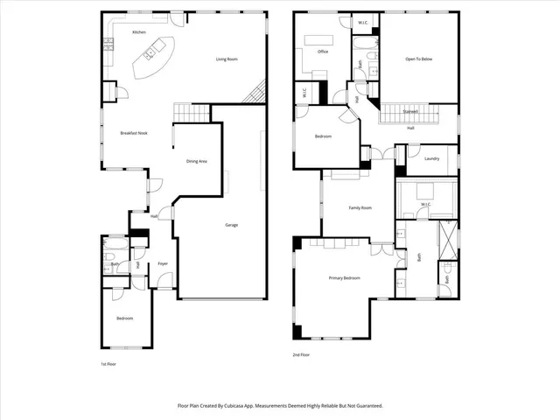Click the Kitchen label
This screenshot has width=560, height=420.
(x=138, y=32)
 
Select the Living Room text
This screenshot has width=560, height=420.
(x=227, y=59)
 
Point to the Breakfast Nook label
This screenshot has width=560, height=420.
(x=134, y=133)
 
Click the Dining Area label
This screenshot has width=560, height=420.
(x=196, y=161)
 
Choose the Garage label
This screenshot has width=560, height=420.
(x=232, y=225)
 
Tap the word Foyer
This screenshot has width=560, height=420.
(x=163, y=263)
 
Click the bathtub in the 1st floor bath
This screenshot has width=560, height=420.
(x=115, y=248)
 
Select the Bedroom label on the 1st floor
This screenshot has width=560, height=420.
(x=124, y=318)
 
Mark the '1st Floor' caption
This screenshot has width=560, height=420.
(x=108, y=364)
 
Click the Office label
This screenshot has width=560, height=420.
(x=323, y=52)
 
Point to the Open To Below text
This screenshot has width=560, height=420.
(x=418, y=59)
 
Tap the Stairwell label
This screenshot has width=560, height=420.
(x=409, y=112)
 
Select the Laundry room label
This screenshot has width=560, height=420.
(x=431, y=158)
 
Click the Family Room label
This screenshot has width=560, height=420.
(x=360, y=207)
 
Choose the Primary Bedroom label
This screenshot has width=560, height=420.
(x=344, y=277)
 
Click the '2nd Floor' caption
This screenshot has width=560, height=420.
(x=302, y=354)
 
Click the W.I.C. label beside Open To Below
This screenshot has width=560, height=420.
(x=363, y=21)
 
